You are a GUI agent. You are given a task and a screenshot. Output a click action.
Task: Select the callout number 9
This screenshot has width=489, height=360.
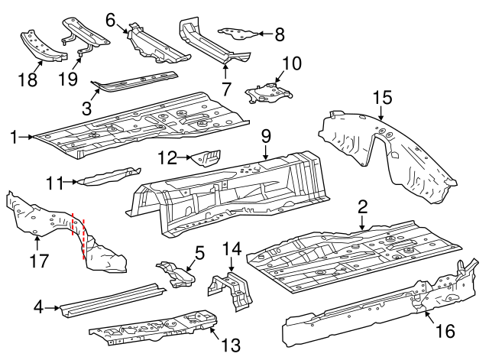click(266, 136)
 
